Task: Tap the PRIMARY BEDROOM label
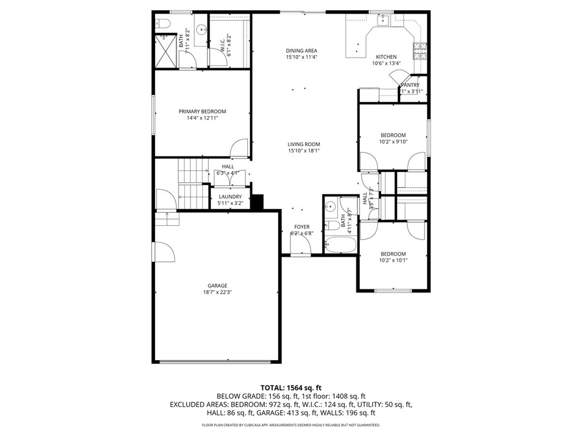pyautogui.click(x=202, y=111)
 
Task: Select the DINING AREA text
pyautogui.click(x=301, y=51)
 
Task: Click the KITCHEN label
pyautogui.click(x=386, y=57)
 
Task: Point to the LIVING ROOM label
pyautogui.click(x=304, y=144)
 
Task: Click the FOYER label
pyautogui.click(x=302, y=226)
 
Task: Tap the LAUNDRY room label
pyautogui.click(x=230, y=196)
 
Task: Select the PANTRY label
pyautogui.click(x=410, y=85)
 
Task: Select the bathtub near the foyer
pyautogui.click(x=340, y=246)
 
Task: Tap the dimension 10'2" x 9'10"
pyautogui.click(x=393, y=142)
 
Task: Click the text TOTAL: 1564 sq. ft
pyautogui.click(x=291, y=387)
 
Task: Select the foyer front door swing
pyautogui.click(x=300, y=244)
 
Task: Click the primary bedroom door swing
pyautogui.click(x=239, y=148)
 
